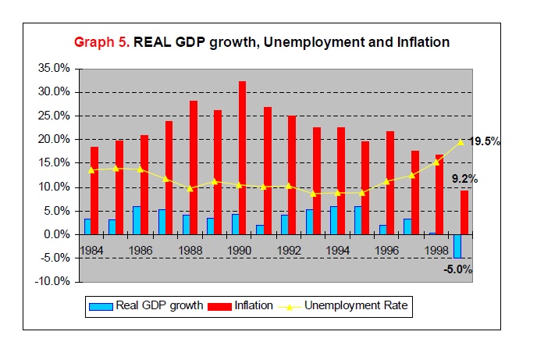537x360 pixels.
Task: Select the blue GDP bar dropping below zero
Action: click(x=457, y=246)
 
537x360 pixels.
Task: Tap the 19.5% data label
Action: click(x=484, y=141)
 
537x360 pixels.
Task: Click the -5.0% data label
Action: click(x=458, y=269)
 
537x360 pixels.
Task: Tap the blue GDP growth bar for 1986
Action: click(x=136, y=220)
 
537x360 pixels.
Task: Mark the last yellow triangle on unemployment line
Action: click(x=461, y=142)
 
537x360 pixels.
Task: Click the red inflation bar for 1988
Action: click(x=193, y=167)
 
